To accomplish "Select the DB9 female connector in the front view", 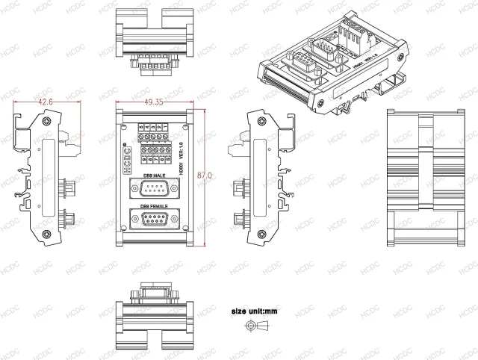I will (155, 220).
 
